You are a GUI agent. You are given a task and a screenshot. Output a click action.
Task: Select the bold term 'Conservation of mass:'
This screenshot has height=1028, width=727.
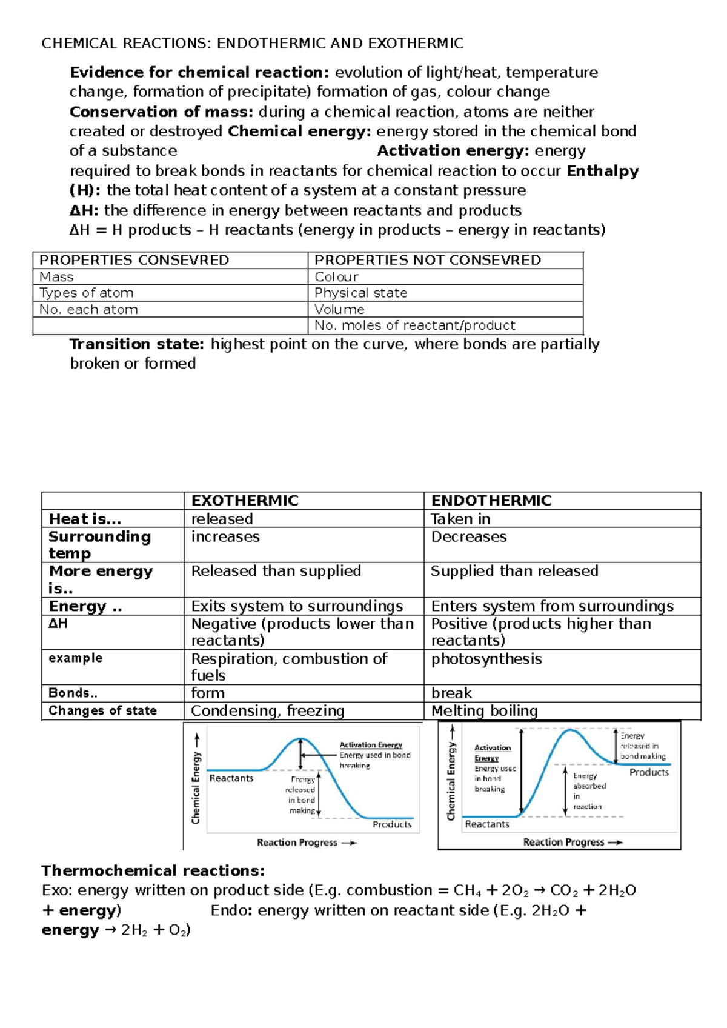161,112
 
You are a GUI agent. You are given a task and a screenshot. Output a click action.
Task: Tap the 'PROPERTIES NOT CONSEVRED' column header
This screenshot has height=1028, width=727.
427,260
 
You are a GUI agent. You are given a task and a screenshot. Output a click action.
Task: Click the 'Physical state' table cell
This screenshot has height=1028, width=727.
360,293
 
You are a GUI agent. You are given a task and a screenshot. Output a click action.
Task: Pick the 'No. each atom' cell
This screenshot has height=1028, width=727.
88,310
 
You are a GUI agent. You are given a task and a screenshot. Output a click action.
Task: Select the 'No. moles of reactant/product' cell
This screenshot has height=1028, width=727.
414,325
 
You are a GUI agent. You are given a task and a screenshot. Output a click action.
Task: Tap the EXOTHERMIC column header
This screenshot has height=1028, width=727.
245,501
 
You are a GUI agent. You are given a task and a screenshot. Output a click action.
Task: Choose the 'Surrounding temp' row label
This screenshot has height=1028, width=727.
99,545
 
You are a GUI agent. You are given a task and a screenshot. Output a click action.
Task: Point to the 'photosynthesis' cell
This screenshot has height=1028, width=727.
486,659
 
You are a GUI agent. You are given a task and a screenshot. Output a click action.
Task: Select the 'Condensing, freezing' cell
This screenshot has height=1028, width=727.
267,710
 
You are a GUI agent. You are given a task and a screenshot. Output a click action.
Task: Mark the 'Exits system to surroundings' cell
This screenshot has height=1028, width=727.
297,606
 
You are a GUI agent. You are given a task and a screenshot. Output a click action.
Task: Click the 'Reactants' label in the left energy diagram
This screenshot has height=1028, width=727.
231,778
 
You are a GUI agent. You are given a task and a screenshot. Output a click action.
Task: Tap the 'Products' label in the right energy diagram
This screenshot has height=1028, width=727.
649,772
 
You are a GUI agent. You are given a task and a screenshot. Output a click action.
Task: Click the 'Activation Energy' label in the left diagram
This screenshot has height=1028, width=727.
371,745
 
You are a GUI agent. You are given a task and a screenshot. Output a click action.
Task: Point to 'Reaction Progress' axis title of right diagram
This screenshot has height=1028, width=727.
563,842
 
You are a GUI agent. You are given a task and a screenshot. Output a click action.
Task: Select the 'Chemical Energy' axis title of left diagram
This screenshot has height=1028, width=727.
196,788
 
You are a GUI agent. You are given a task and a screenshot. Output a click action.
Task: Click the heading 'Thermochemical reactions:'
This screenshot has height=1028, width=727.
153,871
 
